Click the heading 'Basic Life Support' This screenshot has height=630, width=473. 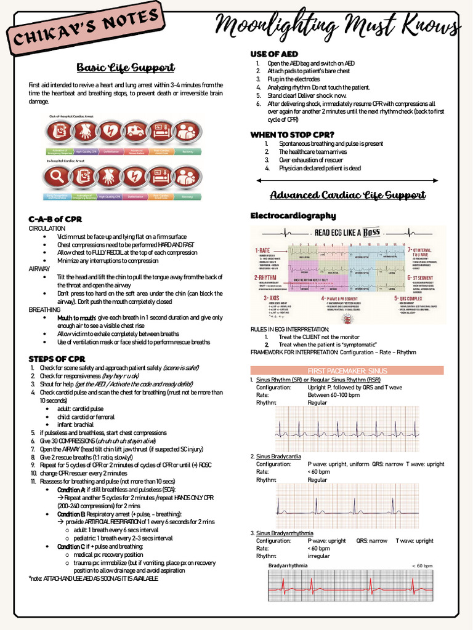[x=126, y=67]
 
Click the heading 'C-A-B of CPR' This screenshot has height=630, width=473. [x=55, y=219]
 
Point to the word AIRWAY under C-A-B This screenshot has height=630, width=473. [x=41, y=269]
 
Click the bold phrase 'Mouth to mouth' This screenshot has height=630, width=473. [x=76, y=317]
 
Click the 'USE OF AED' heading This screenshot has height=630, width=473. [x=275, y=54]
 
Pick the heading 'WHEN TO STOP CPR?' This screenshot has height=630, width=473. [x=292, y=135]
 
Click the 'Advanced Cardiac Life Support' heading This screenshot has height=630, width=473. [x=348, y=196]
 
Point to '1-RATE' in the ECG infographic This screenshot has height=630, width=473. [x=264, y=250]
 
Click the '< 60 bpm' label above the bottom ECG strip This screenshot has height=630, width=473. [x=422, y=565]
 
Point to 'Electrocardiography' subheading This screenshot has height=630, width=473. [x=293, y=216]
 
